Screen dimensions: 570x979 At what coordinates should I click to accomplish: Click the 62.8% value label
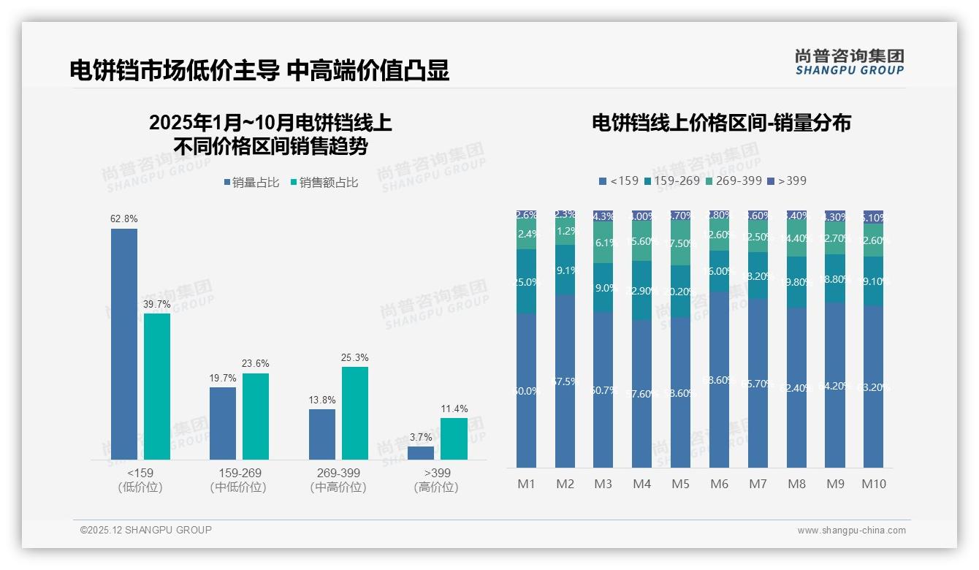tap(123, 218)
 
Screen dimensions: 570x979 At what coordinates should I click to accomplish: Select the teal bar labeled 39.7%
tap(157, 386)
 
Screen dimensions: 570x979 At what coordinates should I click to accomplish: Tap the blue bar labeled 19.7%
tap(223, 422)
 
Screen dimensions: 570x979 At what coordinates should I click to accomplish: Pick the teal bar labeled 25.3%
tap(355, 412)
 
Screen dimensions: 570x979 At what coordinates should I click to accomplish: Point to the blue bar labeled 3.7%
tap(421, 452)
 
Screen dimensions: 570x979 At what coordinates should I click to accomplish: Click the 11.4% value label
tap(454, 408)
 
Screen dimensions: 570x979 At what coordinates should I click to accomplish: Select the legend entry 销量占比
tap(251, 183)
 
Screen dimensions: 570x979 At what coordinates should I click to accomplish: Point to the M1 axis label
tap(526, 484)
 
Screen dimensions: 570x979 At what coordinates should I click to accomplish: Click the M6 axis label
tap(719, 484)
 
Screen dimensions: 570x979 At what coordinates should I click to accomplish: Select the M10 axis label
tap(873, 484)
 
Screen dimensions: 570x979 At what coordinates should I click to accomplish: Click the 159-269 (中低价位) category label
tap(239, 480)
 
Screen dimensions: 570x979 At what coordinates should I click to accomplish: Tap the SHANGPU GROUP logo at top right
tap(849, 62)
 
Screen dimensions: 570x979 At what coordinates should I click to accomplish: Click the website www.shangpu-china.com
tap(851, 531)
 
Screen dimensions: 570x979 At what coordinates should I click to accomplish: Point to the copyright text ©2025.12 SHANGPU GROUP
tap(146, 530)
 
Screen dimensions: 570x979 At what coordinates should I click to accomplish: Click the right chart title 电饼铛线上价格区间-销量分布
tap(721, 123)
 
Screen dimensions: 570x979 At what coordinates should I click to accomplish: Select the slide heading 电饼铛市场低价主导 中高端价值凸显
tap(259, 70)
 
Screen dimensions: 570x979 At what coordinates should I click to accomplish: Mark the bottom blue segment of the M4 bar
tap(641, 393)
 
